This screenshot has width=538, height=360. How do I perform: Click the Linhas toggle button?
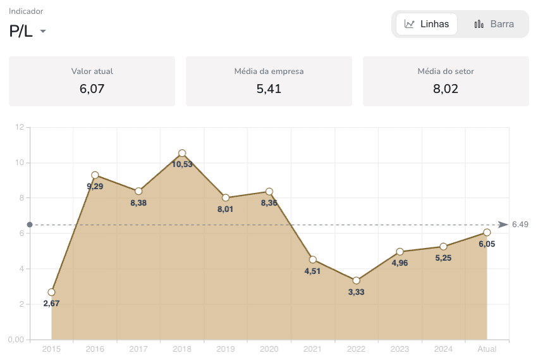pos(427,24)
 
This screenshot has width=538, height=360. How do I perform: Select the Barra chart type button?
pos(494,24)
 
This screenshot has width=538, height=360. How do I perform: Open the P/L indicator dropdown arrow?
pos(43,32)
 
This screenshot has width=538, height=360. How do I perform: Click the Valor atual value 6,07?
pos(92,89)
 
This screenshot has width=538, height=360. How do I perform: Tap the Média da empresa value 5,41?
pos(269,89)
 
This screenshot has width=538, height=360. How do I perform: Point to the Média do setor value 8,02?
pos(446,89)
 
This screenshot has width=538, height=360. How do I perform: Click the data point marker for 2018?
pos(182,153)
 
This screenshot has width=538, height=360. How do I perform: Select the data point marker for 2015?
pos(51,292)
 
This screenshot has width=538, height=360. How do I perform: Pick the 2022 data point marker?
pos(356,280)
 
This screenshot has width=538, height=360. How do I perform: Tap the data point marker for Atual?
pos(487,232)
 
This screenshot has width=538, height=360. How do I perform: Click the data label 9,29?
pos(95,187)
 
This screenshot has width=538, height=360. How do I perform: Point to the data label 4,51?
pos(312,271)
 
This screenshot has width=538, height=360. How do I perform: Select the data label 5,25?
pos(443,258)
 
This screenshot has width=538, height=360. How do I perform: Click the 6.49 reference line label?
pos(520,225)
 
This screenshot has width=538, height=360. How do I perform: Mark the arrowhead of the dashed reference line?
pos(503,225)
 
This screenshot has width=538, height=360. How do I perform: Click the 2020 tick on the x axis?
pos(269,349)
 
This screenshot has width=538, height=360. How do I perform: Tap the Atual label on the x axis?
pos(487,349)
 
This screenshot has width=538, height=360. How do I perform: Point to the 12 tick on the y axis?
pos(18,127)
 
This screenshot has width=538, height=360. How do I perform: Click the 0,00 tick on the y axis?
pos(15,340)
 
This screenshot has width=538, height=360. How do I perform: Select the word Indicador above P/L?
pos(26,11)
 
